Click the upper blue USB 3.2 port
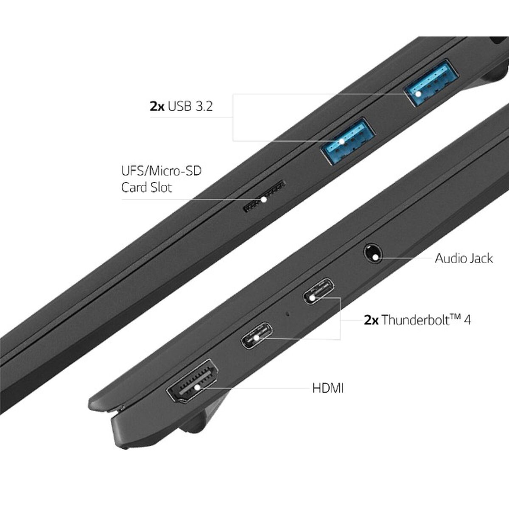point(431,82)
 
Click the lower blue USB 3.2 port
point(348,142)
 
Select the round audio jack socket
point(373,253)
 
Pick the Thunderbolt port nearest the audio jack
point(319,291)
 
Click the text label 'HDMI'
point(328,388)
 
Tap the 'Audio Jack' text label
point(464,258)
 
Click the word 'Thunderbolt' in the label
point(416,320)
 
